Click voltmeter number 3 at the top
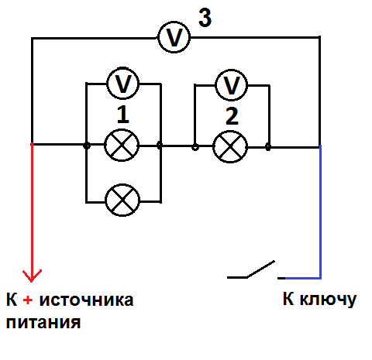point(174,37)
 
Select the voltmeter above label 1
point(122,83)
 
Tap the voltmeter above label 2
point(231,84)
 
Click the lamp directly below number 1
point(122,146)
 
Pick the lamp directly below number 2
point(230,146)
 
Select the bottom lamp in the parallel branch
point(122,200)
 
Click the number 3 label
point(205,17)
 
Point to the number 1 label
point(122,115)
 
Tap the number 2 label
point(232,116)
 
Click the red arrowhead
point(32,276)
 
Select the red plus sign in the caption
point(28,300)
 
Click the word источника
point(86,300)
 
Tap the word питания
point(43,322)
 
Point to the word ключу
point(328,300)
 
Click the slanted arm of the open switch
point(261,269)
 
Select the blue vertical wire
point(320,211)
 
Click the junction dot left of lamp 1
point(87,146)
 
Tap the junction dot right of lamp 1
point(160,146)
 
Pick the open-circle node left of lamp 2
point(195,147)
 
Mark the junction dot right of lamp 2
point(268,147)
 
